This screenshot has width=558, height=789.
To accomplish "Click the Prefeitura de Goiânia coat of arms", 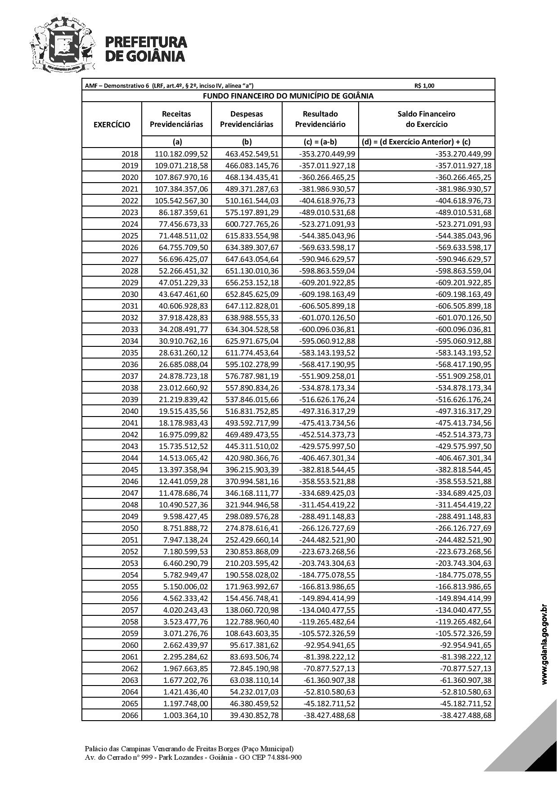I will click(63, 44).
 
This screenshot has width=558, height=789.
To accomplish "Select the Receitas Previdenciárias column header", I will click(176, 119).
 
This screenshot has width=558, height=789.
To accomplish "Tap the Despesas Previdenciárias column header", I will click(247, 119).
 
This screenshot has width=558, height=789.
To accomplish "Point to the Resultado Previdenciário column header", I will click(320, 119).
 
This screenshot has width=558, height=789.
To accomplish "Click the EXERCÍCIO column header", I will click(112, 125).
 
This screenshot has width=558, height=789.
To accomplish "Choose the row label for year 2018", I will click(130, 154).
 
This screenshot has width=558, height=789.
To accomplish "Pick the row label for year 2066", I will click(130, 715).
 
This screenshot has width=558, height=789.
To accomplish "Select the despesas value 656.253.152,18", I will click(252, 282).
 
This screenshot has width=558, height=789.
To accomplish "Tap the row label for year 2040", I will click(130, 411).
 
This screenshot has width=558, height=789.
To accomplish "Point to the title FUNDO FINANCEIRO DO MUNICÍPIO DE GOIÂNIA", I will click(288, 96).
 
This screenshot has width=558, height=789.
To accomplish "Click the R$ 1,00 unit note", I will click(424, 86).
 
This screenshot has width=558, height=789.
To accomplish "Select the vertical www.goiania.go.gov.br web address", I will click(544, 646).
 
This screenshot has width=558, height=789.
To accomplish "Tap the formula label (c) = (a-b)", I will click(320, 142).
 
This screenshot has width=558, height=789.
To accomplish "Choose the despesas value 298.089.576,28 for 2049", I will click(252, 516).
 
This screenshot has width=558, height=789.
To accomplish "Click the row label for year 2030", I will click(130, 294).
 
